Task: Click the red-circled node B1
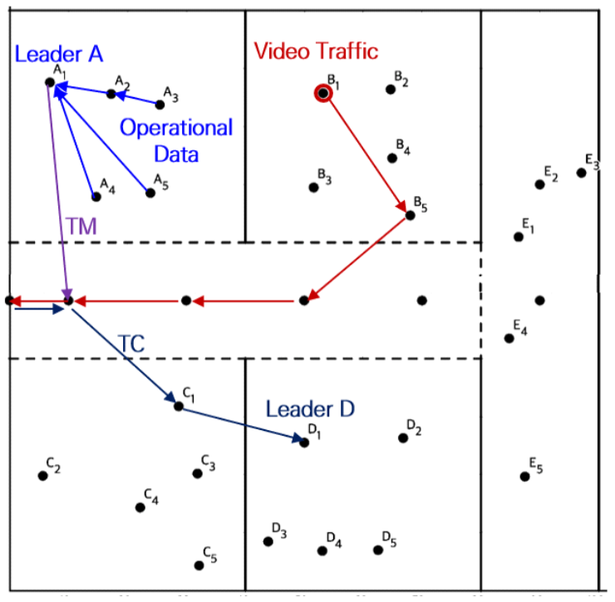click(x=322, y=93)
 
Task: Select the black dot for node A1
click(x=50, y=81)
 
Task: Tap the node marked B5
click(x=409, y=216)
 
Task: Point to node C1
click(x=179, y=406)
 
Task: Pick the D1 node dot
click(x=304, y=443)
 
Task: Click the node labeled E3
click(x=582, y=173)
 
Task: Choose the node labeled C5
click(x=199, y=565)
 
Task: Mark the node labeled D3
click(x=268, y=541)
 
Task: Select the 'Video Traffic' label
click(x=316, y=51)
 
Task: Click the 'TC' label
click(x=130, y=344)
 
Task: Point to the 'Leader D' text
click(x=310, y=409)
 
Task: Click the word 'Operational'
click(x=176, y=128)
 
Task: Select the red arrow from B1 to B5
click(x=366, y=154)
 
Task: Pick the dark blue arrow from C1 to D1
click(x=241, y=424)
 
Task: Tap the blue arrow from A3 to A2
click(x=138, y=99)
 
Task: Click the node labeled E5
click(x=525, y=477)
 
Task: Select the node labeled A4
click(x=96, y=197)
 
